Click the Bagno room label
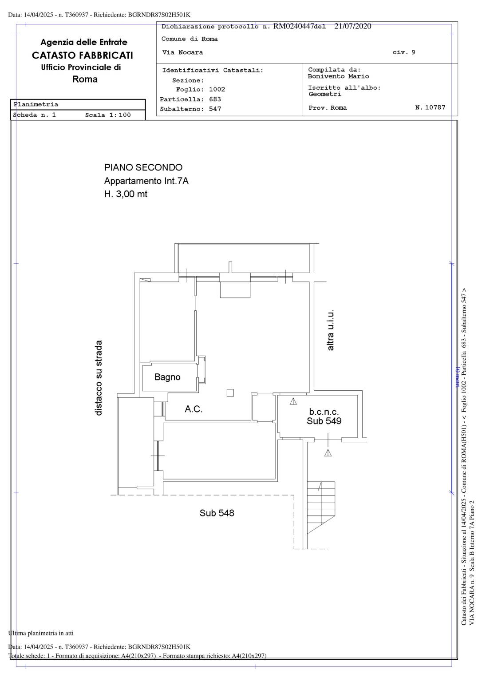pos(167,377)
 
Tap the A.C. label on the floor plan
pos(194,409)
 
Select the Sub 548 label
pos(217,513)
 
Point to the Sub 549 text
pos(324,421)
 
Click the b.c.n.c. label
pos(324,412)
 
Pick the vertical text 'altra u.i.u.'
pos(331,330)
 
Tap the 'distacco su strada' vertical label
pos(99,378)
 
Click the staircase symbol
pos(321,508)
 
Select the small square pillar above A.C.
pos(230,393)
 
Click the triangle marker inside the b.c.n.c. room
pos(293,401)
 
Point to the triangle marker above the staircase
pos(328,453)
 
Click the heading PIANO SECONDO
pos(143,167)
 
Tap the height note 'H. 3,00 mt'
pos(126,194)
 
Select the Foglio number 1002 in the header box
pos(217,90)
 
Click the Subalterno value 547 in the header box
pos(215,109)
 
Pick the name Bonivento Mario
pos(338,76)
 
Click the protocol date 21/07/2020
pos(353,26)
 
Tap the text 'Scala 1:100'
pos(108,115)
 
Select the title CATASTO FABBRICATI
pos(83,56)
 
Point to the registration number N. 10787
pos(430,107)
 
